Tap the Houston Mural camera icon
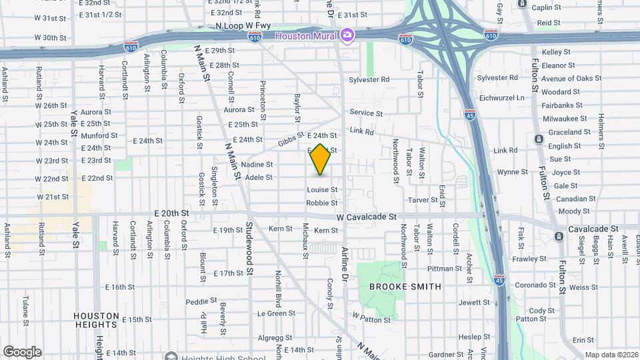(347, 35)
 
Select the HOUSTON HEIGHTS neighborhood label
(97, 320)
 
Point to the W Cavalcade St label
(366, 217)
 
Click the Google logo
(22, 351)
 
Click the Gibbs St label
(290, 143)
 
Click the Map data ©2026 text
(611, 355)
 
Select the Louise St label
(322, 190)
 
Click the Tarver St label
(422, 200)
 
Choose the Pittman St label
(439, 269)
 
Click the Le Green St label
(276, 313)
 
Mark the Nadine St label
(257, 165)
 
